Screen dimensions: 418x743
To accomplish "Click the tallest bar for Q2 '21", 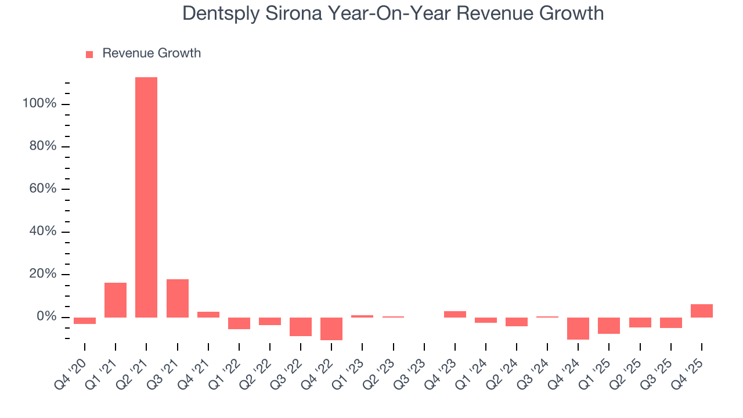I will pos(146,197).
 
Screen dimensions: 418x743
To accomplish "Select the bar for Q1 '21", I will pos(116,300).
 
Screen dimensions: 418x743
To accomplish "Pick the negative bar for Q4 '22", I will pos(331,329).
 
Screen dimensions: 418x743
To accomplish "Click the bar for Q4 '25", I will pos(701,311).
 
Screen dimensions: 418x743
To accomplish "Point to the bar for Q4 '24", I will pos(578,328).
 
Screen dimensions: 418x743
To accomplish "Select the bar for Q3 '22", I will pos(301,326).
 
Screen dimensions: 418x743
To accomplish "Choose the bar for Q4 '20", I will pos(85,320).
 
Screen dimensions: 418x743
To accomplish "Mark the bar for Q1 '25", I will pos(609,326).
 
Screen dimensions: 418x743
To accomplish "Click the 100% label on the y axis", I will pos(39,104).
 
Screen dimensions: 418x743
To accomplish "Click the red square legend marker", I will pos(89,54).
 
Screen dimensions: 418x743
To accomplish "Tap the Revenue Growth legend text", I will pos(152,53).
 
